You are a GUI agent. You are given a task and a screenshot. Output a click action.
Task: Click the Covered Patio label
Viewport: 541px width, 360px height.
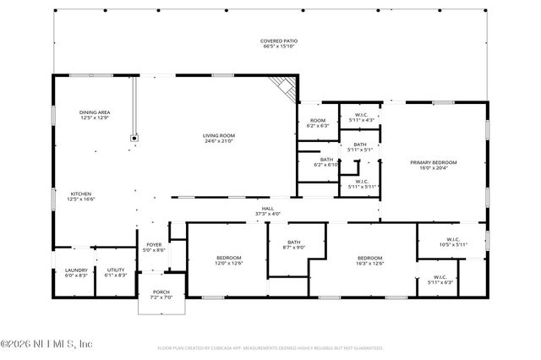click(279, 43)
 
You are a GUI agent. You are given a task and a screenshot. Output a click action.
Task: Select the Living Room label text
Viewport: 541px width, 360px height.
click(218, 138)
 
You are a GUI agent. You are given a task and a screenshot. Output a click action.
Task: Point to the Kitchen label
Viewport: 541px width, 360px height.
click(81, 196)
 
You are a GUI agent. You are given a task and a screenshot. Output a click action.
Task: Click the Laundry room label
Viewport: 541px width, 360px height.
click(76, 273)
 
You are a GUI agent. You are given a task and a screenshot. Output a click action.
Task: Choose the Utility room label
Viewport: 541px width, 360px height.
click(116, 273)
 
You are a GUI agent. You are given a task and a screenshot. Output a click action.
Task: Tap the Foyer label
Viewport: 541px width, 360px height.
click(154, 248)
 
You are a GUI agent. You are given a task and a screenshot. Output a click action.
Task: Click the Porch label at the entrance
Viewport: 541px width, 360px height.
click(161, 294)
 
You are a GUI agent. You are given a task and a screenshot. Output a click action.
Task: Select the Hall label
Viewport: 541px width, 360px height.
click(267, 211)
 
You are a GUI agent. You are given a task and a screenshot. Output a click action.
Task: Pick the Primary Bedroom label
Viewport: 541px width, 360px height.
click(433, 165)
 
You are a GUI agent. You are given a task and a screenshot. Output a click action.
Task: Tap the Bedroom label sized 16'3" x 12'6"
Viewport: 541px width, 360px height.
click(370, 260)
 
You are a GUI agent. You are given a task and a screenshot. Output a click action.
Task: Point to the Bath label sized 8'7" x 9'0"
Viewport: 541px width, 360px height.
click(293, 245)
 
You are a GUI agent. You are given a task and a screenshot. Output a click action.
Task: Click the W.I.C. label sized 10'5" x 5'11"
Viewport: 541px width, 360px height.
click(451, 243)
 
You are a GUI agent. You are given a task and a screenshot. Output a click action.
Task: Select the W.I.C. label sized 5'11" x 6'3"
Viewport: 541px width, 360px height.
click(440, 279)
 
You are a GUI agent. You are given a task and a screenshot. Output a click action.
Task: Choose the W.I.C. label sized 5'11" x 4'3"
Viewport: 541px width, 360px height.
click(360, 117)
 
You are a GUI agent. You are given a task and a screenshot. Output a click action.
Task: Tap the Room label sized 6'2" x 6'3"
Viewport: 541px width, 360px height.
click(318, 123)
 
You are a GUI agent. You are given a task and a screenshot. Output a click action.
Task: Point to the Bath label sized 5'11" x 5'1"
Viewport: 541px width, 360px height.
click(360, 147)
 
